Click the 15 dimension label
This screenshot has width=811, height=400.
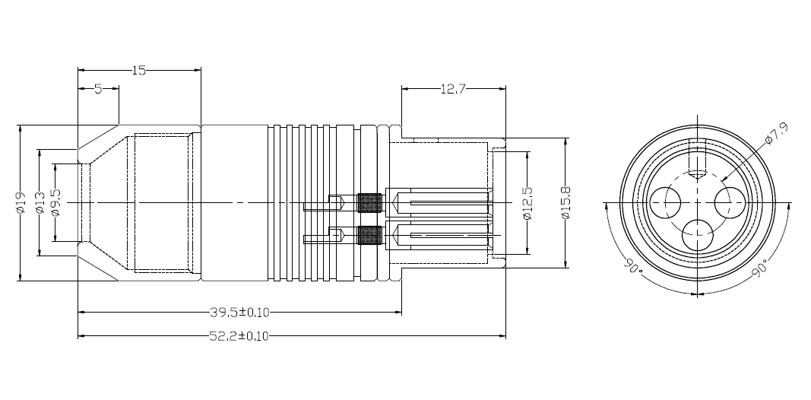(138, 71)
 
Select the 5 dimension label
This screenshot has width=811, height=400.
(98, 89)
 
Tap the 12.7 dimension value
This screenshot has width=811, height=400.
(452, 89)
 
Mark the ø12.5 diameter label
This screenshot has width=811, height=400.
(528, 203)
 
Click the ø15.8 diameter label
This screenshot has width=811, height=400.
(566, 203)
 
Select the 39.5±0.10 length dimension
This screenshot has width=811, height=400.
(239, 312)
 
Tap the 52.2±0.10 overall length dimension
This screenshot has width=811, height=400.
(239, 336)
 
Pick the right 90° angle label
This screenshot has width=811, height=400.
(760, 268)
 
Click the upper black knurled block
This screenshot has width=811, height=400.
(369, 203)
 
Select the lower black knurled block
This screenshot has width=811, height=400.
(369, 237)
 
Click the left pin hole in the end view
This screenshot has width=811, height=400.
(666, 202)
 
